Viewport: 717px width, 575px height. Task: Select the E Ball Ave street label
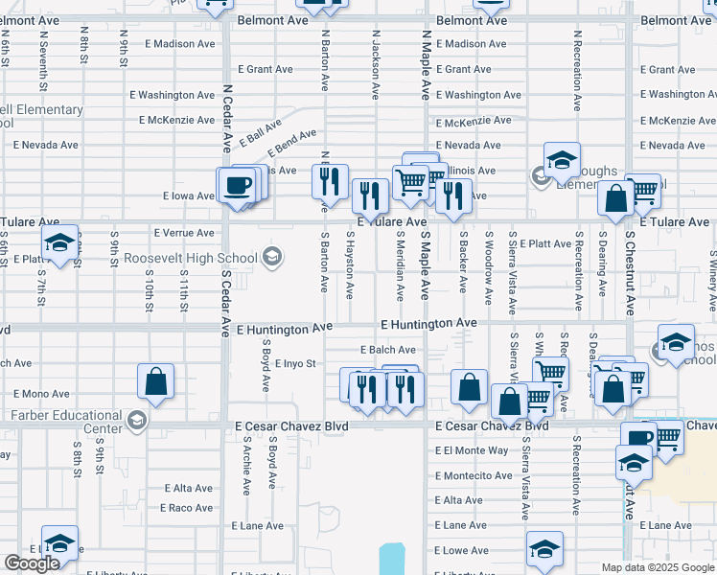(x=261, y=132)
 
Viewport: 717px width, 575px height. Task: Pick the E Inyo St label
(x=294, y=364)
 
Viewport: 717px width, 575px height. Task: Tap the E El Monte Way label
(x=472, y=450)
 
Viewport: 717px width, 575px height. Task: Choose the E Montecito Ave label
(x=474, y=475)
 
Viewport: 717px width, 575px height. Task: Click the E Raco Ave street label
(x=186, y=508)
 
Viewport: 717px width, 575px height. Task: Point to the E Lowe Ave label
(x=461, y=551)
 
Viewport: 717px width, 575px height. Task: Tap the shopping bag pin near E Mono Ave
(x=155, y=382)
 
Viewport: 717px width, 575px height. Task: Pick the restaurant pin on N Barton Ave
(x=330, y=180)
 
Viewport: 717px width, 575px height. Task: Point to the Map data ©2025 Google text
(x=658, y=567)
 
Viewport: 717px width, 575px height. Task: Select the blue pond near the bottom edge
(x=392, y=559)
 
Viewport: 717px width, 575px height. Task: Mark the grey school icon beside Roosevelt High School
(x=272, y=256)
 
